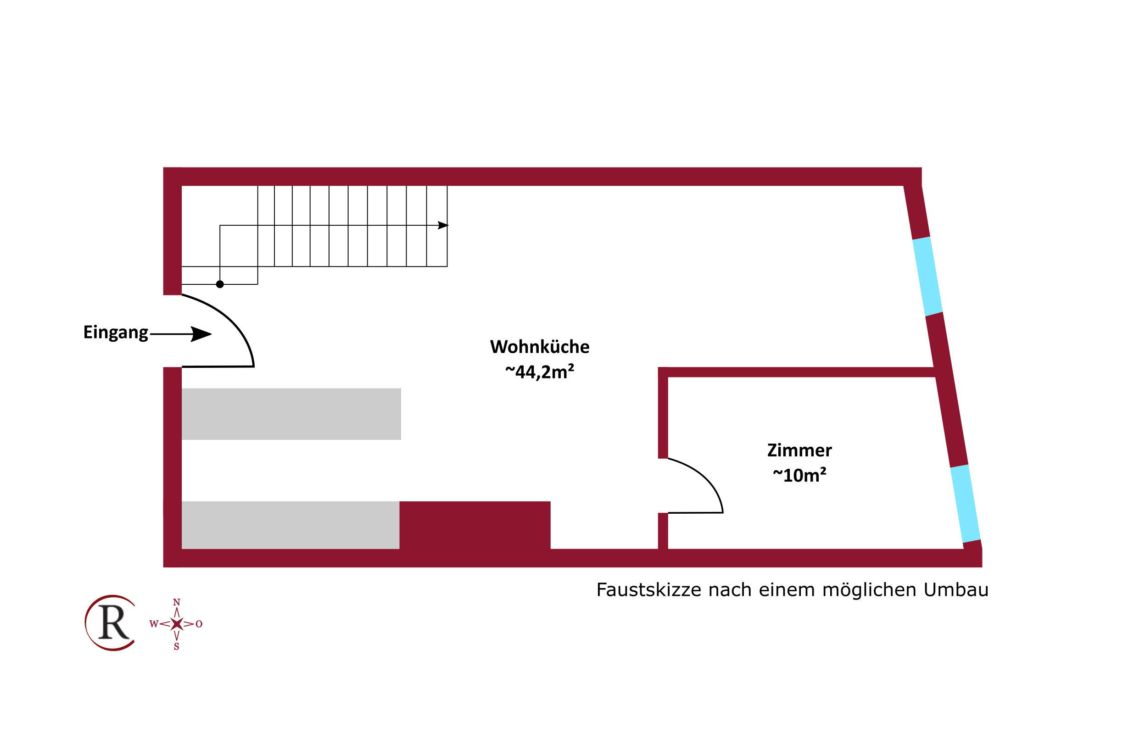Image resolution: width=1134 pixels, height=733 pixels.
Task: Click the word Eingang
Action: pyautogui.click(x=116, y=333)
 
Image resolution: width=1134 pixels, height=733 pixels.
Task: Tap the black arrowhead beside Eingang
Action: pyautogui.click(x=201, y=334)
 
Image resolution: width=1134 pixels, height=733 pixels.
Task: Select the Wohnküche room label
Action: pyautogui.click(x=539, y=346)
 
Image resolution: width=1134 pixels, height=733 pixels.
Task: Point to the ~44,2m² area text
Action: pyautogui.click(x=539, y=372)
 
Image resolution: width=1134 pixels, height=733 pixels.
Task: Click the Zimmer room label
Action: pyautogui.click(x=799, y=450)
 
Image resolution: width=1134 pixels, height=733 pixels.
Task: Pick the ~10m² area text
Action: pyautogui.click(x=799, y=475)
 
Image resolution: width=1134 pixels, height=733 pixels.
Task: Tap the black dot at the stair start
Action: pyautogui.click(x=220, y=284)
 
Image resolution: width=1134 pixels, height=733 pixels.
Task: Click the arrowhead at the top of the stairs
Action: pyautogui.click(x=443, y=225)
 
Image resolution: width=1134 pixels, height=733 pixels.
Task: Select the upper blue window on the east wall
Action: pyautogui.click(x=927, y=277)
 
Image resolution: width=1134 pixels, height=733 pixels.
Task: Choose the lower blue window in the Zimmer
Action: pyautogui.click(x=966, y=504)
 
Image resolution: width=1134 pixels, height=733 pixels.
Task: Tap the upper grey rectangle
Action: pyautogui.click(x=291, y=414)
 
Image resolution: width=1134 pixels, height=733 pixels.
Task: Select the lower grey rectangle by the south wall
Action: pyautogui.click(x=290, y=525)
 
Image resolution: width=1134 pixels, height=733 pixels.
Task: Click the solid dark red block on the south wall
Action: pyautogui.click(x=475, y=525)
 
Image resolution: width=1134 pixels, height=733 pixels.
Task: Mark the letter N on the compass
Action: pyautogui.click(x=177, y=602)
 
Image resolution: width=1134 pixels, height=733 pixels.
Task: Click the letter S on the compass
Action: pyautogui.click(x=177, y=646)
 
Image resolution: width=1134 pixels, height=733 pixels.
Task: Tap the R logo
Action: pyautogui.click(x=111, y=622)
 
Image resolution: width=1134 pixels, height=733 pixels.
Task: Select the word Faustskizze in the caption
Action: pyautogui.click(x=648, y=590)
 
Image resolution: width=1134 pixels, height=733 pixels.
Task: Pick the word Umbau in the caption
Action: pyautogui.click(x=956, y=590)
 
